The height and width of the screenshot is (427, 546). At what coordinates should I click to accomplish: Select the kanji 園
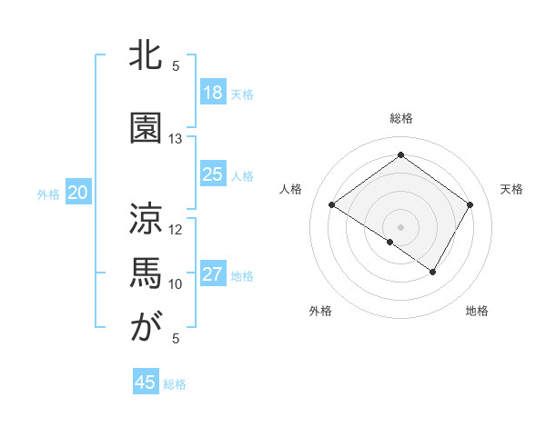pyautogui.click(x=146, y=128)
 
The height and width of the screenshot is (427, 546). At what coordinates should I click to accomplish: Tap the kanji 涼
pyautogui.click(x=146, y=218)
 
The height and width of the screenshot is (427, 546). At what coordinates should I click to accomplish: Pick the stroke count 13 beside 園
pyautogui.click(x=176, y=139)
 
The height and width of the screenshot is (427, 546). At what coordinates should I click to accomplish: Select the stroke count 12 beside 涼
pyautogui.click(x=176, y=229)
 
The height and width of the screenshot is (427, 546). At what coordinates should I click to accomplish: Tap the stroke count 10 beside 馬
pyautogui.click(x=176, y=283)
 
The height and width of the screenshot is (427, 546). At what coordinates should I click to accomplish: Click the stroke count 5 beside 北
pyautogui.click(x=176, y=65)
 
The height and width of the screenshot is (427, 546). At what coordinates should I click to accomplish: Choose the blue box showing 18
pyautogui.click(x=212, y=92)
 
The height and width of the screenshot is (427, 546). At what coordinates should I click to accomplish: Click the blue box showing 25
pyautogui.click(x=212, y=174)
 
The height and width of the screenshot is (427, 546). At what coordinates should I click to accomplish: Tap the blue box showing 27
pyautogui.click(x=212, y=274)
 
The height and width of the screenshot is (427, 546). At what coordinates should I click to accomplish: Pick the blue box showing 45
pyautogui.click(x=146, y=382)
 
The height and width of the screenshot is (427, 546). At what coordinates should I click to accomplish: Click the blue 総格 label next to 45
pyautogui.click(x=175, y=384)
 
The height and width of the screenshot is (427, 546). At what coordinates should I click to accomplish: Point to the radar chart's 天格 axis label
pyautogui.click(x=511, y=189)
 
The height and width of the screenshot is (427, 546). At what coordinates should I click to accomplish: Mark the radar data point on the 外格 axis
pyautogui.click(x=390, y=242)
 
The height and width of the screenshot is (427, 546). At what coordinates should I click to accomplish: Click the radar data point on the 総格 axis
pyautogui.click(x=400, y=155)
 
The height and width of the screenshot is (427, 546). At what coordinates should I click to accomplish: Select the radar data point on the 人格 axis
pyautogui.click(x=332, y=205)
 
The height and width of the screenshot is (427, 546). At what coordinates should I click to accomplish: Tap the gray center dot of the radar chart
pyautogui.click(x=400, y=225)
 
